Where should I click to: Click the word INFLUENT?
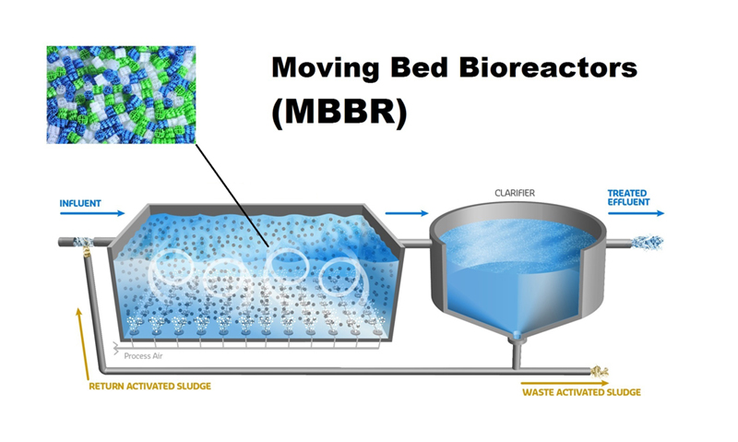click(x=80, y=203)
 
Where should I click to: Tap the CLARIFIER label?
click(x=515, y=193)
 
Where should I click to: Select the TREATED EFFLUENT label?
click(x=628, y=197)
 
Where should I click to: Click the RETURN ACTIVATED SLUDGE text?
click(x=149, y=386)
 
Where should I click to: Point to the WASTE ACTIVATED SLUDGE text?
click(x=581, y=392)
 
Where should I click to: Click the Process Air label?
click(x=143, y=356)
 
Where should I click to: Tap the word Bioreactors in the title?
click(x=548, y=67)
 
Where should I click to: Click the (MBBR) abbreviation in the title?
click(x=339, y=112)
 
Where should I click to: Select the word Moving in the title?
click(x=326, y=68)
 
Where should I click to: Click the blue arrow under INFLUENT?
click(x=92, y=213)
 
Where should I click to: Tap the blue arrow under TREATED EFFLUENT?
click(x=636, y=213)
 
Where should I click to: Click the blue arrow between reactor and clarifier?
click(x=407, y=213)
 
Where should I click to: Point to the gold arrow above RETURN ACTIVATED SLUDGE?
click(x=83, y=343)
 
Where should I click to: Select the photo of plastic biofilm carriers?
click(x=121, y=95)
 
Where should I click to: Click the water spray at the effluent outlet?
click(x=648, y=243)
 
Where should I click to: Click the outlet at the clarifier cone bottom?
click(x=517, y=335)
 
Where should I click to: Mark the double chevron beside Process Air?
click(x=116, y=349)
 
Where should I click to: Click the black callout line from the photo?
click(x=232, y=196)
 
